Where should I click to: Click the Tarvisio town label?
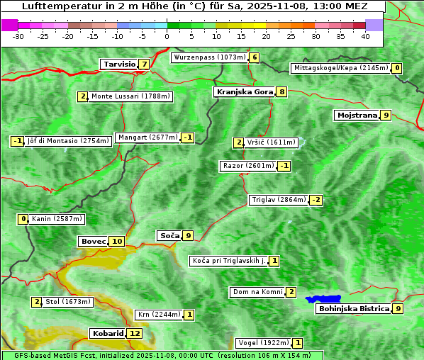coord(119,64)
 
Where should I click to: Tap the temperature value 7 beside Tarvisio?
coord(144,64)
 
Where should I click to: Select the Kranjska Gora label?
coord(244,91)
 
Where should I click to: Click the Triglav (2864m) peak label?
coord(279,200)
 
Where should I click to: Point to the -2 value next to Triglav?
coord(316,200)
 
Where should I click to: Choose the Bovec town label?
coord(93,241)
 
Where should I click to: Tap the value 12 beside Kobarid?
coord(134,333)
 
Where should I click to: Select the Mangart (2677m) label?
coord(147,137)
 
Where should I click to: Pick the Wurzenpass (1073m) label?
coord(209,57)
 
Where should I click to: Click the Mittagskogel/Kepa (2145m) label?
coord(340,68)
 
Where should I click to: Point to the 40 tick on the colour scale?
coord(365,36)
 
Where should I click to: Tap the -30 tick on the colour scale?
coord(18,36)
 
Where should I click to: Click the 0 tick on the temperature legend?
coord(167,36)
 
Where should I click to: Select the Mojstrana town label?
coord(357,115)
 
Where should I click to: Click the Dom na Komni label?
coord(257,292)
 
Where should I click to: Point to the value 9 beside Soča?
coord(187,235)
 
